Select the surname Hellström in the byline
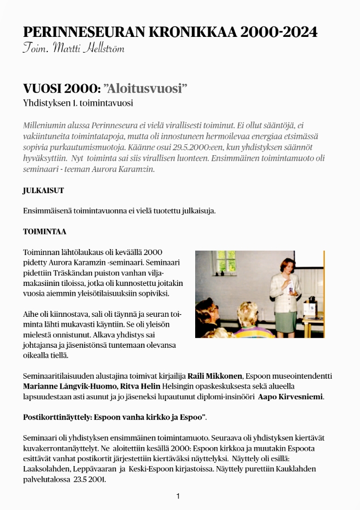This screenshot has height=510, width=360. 105,49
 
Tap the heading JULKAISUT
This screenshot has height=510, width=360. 43,190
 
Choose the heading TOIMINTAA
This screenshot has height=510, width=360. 44,232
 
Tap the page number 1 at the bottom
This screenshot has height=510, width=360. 178,496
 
